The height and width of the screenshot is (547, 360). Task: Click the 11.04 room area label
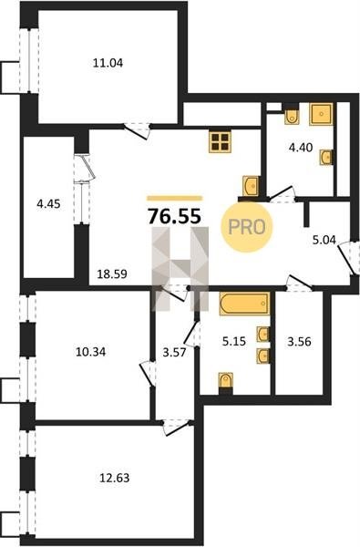coord(108,63)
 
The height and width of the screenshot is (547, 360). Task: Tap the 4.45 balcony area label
coord(48,203)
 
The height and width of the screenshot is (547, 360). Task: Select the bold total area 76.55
coord(174,216)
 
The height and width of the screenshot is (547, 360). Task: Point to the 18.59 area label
coord(112,274)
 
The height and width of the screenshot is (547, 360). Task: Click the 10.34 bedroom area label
coord(91,352)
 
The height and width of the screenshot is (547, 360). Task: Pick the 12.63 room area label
coord(115,478)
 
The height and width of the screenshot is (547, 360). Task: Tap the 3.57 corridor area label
coord(175,352)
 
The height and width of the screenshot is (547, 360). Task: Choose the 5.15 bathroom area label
coord(234,342)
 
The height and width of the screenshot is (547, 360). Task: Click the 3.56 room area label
coord(299,342)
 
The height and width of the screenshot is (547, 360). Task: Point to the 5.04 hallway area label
coord(324,240)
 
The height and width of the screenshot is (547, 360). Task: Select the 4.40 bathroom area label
coord(301,148)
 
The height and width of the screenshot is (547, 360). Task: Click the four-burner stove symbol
coord(221,142)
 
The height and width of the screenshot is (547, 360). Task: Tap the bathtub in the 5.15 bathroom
coord(244,304)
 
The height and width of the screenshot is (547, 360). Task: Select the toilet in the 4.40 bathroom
coord(292,116)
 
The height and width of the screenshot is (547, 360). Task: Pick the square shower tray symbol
coord(322,114)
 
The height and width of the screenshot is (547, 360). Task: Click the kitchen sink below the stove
coord(251,186)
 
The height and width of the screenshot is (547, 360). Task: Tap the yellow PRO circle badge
coord(246,227)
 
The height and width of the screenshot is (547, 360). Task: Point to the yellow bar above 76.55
coord(174,198)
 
